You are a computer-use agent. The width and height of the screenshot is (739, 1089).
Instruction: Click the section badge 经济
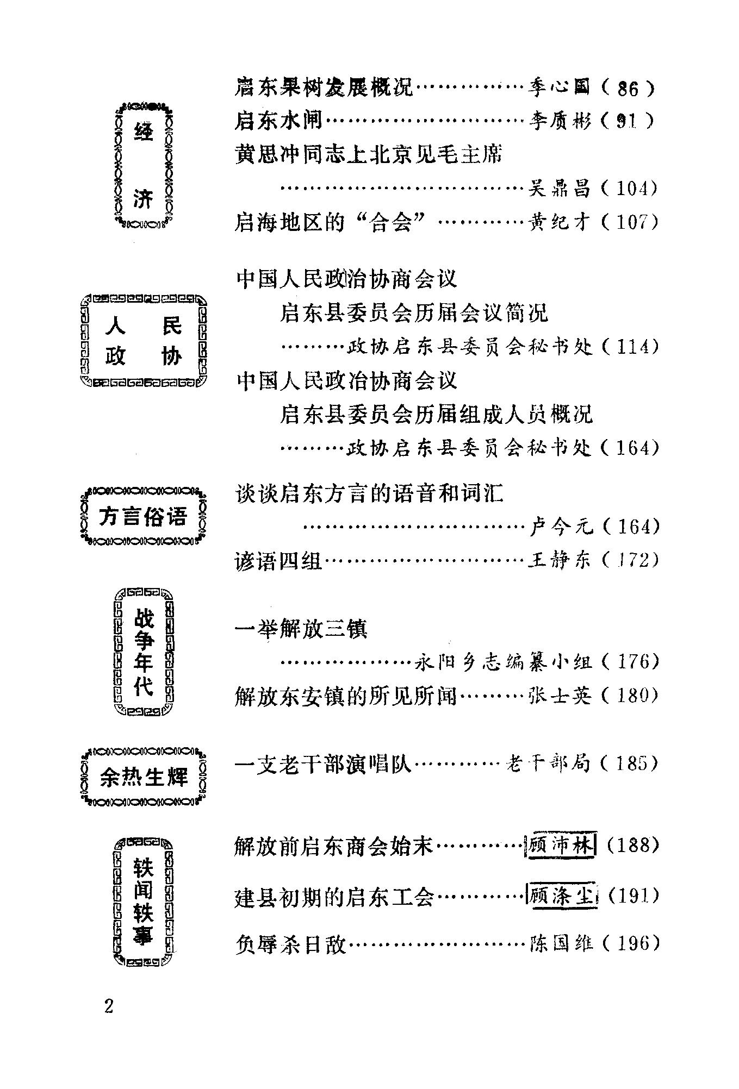144,165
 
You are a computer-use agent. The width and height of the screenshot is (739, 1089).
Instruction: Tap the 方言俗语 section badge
144,516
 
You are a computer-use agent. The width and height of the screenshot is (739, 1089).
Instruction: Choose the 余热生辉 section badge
144,778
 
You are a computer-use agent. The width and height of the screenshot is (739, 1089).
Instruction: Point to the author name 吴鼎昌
559,189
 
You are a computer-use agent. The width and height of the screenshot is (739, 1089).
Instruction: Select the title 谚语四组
278,560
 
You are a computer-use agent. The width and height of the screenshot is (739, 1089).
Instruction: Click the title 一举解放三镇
301,629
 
